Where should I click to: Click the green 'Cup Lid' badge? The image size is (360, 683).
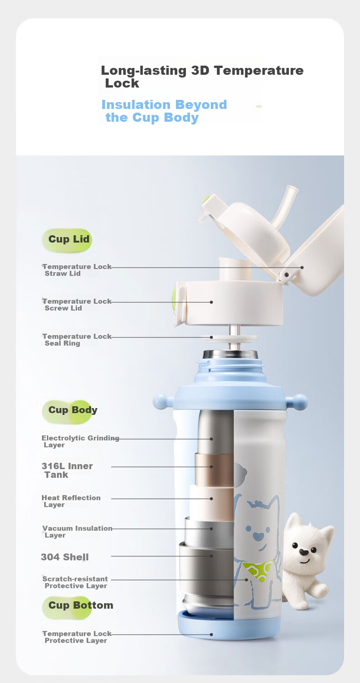tap(67, 240)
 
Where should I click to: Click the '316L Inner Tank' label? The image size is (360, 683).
tap(67, 470)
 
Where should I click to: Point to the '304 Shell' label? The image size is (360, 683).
tap(65, 557)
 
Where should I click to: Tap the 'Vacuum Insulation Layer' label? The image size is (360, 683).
tap(77, 532)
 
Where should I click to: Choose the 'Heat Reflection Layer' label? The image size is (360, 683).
tap(71, 501)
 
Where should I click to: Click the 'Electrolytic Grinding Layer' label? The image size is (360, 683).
tap(80, 441)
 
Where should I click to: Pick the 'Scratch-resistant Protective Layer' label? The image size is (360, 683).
tap(75, 582)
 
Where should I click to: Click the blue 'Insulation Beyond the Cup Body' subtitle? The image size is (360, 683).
tap(164, 111)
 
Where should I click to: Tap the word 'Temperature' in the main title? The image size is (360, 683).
tap(259, 70)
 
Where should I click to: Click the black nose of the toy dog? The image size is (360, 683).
tap(303, 552)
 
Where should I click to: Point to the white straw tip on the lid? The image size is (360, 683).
tap(292, 190)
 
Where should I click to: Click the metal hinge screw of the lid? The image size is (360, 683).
tap(286, 275)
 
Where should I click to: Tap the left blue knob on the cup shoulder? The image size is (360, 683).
tap(161, 401)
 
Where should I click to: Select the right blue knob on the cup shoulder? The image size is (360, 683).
tap(299, 401)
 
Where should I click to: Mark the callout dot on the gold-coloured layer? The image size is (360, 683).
tap(211, 466)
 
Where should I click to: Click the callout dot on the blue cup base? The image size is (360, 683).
tap(211, 635)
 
